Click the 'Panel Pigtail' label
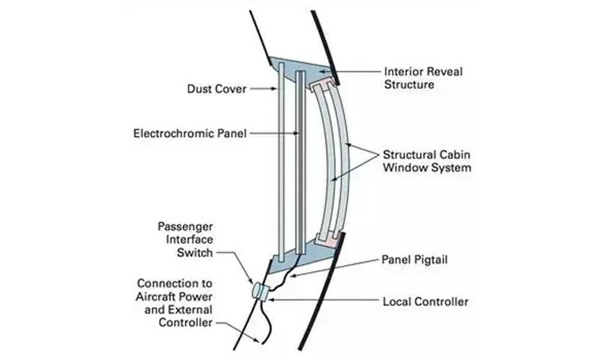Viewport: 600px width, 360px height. click(415, 261)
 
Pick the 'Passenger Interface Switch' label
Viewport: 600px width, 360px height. click(185, 239)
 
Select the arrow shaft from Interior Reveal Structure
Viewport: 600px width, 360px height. click(354, 73)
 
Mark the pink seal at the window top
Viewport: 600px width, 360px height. click(323, 81)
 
